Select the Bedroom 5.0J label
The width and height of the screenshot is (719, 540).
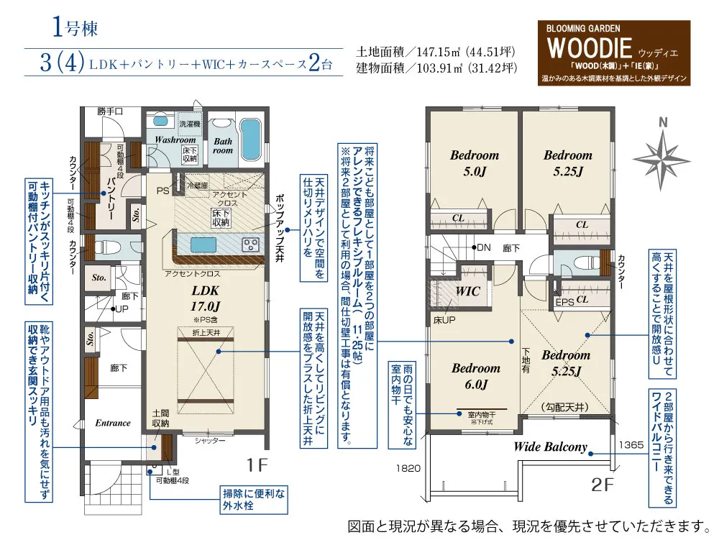coord(475,163)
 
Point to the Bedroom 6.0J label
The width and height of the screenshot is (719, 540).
coord(475,376)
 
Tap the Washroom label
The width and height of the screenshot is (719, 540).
coord(175,140)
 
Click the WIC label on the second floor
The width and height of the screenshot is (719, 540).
coord(467,292)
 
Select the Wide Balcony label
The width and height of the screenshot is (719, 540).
coord(550,447)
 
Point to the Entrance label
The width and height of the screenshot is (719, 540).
coord(113,423)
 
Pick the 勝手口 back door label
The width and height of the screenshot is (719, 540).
coord(110,111)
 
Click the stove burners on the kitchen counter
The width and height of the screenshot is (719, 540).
coord(252,244)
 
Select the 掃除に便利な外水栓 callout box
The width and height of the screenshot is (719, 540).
coord(252,500)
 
